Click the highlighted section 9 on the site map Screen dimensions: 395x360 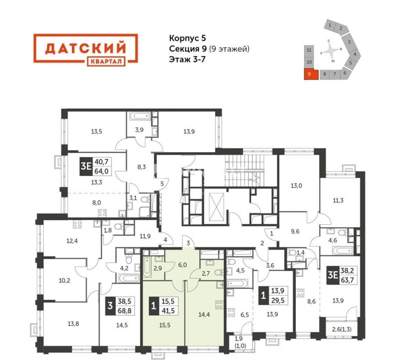(309, 74)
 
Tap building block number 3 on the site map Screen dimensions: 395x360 (349, 42)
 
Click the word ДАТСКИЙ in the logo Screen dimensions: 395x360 (86, 48)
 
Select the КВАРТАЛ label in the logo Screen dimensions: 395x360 (106, 61)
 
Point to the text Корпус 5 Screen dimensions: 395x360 (188, 38)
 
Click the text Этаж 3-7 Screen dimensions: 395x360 (186, 60)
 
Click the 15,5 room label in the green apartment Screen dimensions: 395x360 (165, 325)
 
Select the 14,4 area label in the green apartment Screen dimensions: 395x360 (204, 314)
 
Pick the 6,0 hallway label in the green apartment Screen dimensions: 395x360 (183, 265)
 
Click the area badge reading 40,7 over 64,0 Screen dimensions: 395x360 (96, 166)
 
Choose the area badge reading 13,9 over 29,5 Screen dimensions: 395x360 (273, 295)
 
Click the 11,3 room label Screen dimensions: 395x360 (338, 201)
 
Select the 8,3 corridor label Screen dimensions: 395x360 (142, 167)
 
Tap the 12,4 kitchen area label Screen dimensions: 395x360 (72, 241)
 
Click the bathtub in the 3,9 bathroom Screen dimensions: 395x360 (140, 116)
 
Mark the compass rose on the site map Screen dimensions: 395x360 (331, 51)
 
